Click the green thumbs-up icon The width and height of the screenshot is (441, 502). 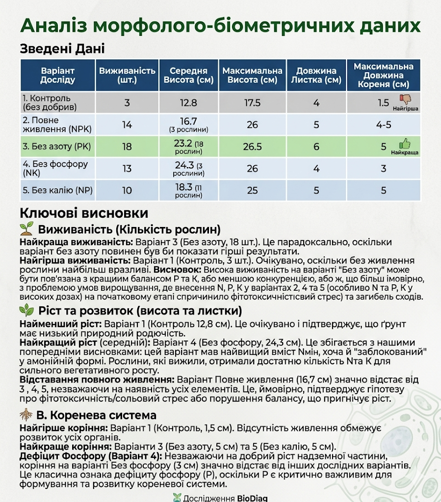[405, 144]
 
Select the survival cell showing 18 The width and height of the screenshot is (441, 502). [127, 147]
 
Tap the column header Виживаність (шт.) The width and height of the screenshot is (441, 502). [127, 75]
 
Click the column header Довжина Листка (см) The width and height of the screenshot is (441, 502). [316, 75]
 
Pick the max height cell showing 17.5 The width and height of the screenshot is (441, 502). [252, 103]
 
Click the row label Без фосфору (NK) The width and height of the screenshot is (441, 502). [55, 168]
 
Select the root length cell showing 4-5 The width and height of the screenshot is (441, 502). [384, 125]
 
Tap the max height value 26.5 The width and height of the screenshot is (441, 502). [252, 147]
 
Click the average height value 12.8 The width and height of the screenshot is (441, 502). [188, 103]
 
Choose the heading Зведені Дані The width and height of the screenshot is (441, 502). [62, 49]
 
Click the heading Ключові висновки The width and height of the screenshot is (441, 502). [84, 213]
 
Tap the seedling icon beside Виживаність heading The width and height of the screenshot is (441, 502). [27, 229]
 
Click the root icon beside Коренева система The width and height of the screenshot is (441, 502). [26, 415]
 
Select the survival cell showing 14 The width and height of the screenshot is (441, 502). [127, 125]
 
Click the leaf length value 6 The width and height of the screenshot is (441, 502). [316, 147]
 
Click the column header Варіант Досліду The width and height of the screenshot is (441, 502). [58, 75]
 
